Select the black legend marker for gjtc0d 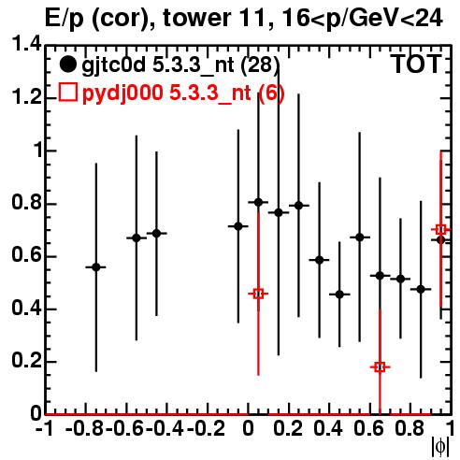click(67, 65)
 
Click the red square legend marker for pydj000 click(67, 92)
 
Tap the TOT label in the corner click(416, 65)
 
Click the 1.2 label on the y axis click(27, 97)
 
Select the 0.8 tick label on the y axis click(27, 202)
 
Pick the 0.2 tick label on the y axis click(27, 361)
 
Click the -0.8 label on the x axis click(84, 429)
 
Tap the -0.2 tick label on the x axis click(206, 429)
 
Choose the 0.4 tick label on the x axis click(328, 429)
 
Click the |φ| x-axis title click(440, 447)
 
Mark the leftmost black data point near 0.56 click(96, 267)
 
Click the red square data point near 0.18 click(380, 367)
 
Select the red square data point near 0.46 click(258, 294)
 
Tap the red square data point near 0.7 click(440, 230)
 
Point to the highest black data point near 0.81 click(258, 202)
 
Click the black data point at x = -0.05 click(238, 226)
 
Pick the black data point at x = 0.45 click(339, 295)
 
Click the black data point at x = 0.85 click(421, 289)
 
